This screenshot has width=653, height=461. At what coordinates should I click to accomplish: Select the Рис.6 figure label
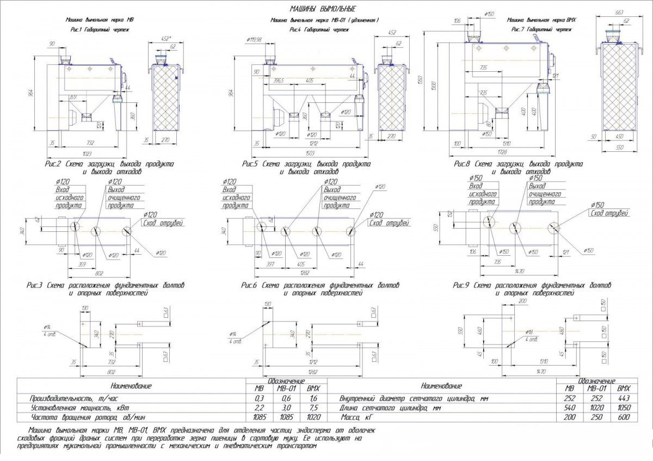point(250,285)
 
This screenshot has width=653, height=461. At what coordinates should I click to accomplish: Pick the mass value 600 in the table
point(623,417)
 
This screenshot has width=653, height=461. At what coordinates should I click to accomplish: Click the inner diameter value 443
point(623,398)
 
